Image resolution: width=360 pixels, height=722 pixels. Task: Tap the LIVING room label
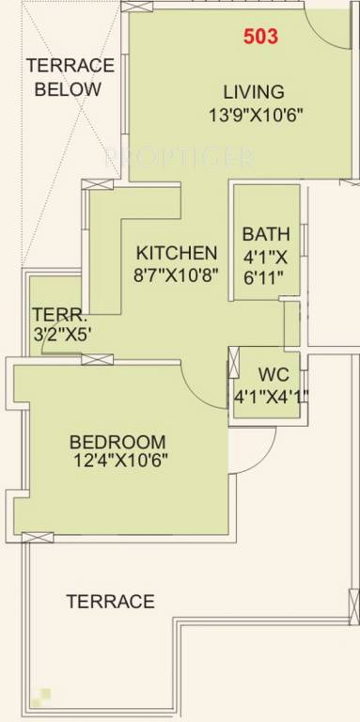point(254,92)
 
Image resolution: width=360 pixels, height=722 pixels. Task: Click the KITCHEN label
point(177,253)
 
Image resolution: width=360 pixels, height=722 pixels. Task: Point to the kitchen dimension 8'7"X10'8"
point(177,276)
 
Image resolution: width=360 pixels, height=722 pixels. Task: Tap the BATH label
point(266,234)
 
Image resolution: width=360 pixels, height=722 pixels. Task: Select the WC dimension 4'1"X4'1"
point(271,396)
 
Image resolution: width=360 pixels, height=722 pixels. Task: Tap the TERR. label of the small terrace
point(53,314)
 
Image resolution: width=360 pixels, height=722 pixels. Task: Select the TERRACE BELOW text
point(69,77)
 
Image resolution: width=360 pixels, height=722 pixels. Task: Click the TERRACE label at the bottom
point(110,601)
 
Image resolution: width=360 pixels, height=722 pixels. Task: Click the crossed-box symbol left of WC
point(233,363)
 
